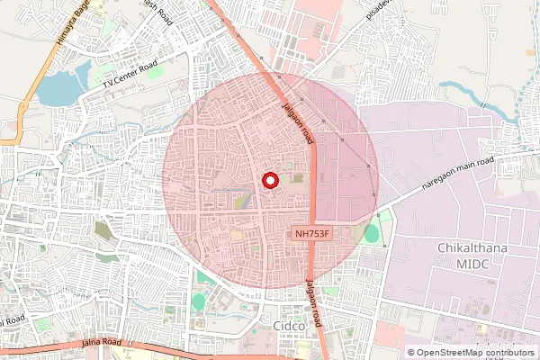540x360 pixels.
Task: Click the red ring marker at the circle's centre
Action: [269, 181]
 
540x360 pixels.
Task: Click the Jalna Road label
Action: [100, 343]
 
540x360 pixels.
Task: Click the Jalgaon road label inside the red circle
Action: [298, 123]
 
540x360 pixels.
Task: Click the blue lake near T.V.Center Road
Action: [59, 86]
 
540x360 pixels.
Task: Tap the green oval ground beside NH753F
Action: [372, 234]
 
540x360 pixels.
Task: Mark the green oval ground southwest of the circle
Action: [198, 301]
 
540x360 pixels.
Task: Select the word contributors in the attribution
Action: [509, 352]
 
